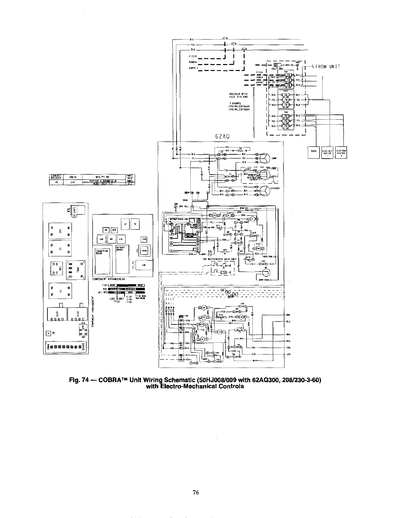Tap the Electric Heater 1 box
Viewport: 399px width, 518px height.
coord(327,152)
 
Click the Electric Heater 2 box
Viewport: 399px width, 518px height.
coord(340,152)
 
